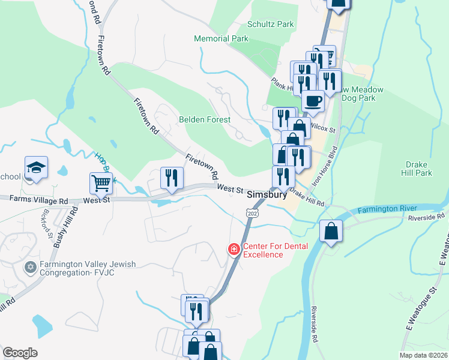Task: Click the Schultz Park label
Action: (271, 25)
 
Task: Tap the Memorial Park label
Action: (221, 38)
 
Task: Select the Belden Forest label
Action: (205, 119)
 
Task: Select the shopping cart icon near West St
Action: (101, 184)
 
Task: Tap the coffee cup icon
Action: (312, 101)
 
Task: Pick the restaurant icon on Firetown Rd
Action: (172, 178)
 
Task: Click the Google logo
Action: (20, 353)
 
